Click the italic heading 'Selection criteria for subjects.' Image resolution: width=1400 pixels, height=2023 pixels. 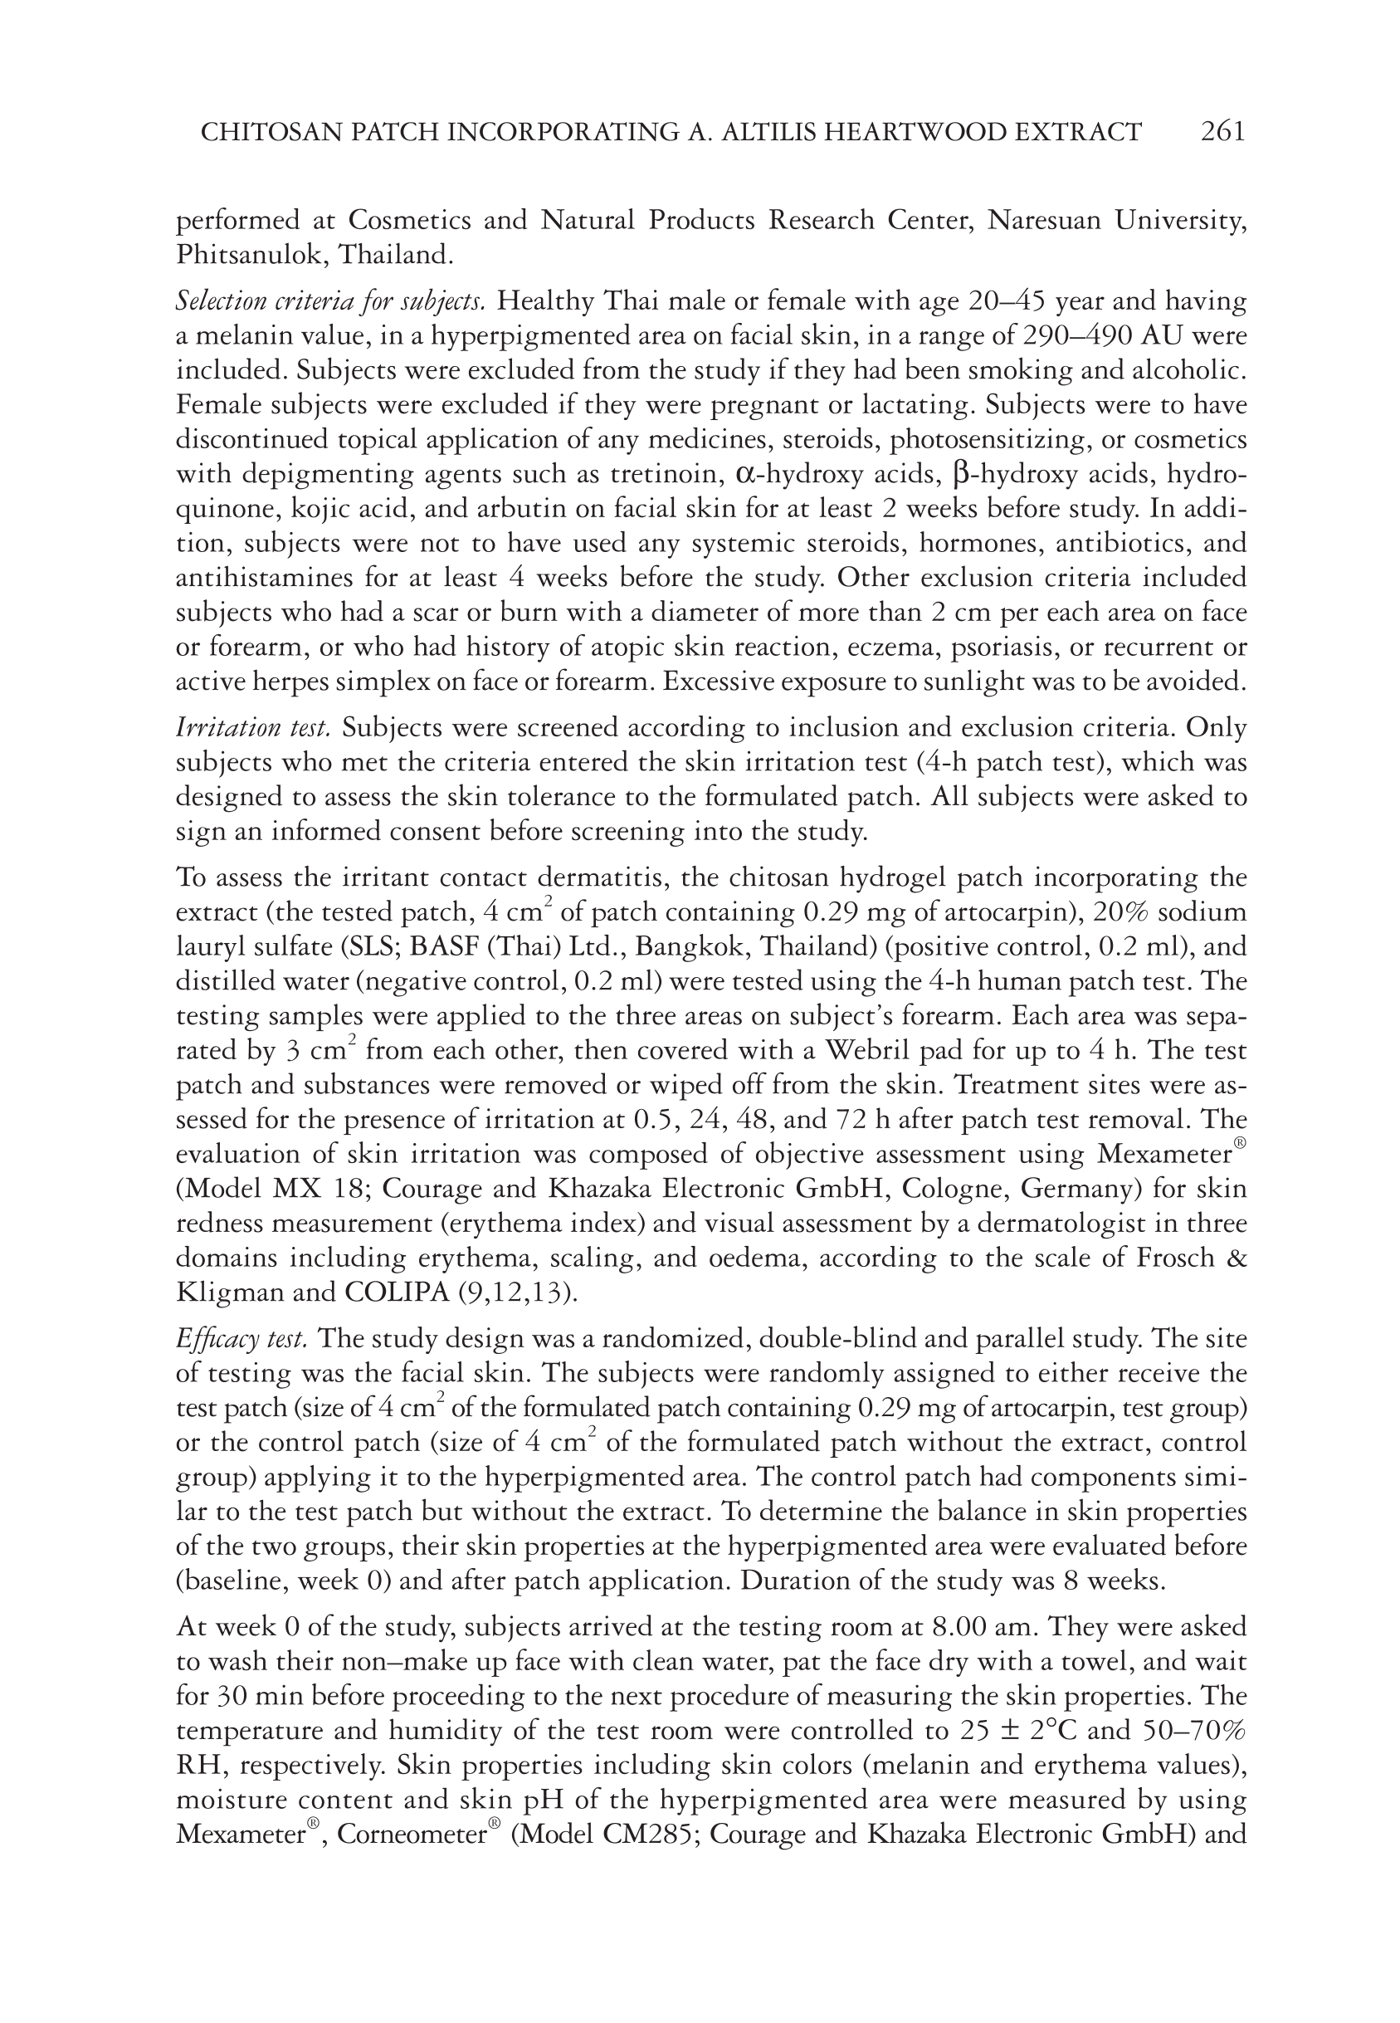(330, 302)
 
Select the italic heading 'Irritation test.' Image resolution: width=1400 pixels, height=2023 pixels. (253, 728)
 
